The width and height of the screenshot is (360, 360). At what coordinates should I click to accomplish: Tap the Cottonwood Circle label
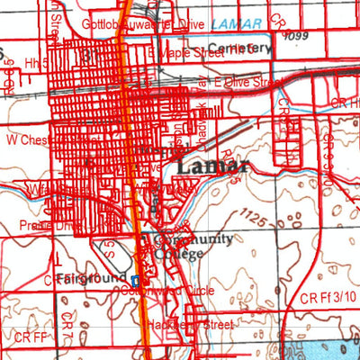[180, 291]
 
